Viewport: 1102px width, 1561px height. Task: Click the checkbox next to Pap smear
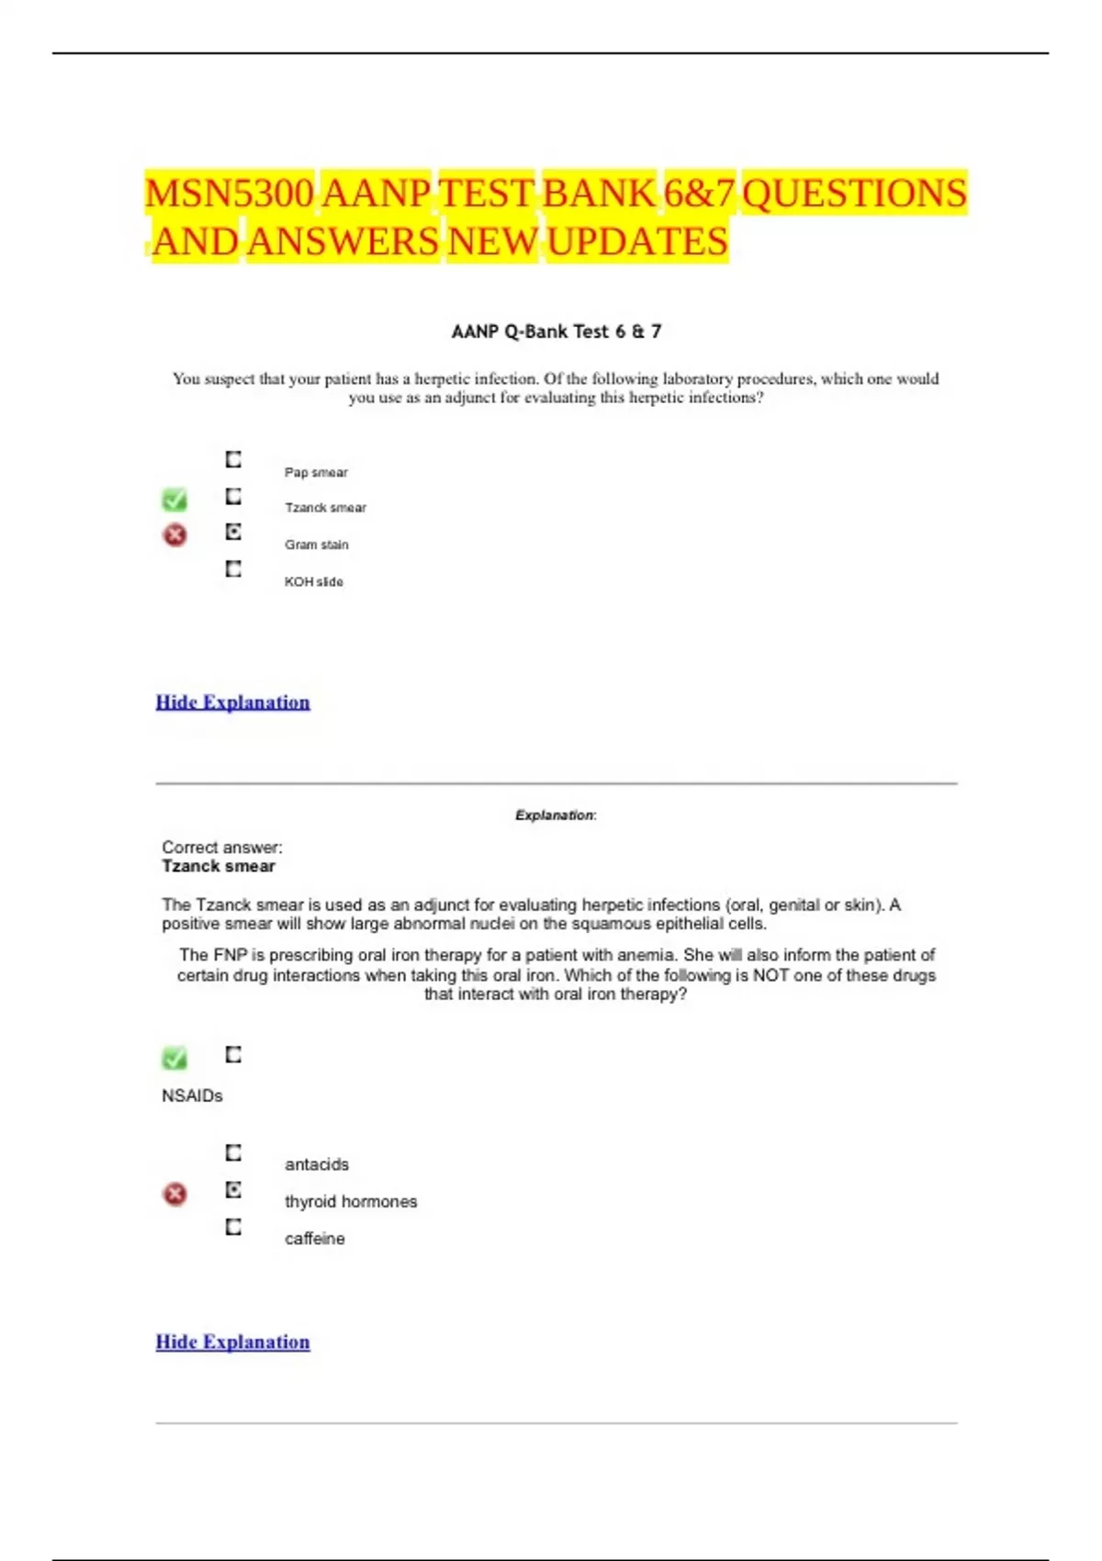pyautogui.click(x=234, y=459)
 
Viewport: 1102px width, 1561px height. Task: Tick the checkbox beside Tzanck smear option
pyautogui.click(x=234, y=497)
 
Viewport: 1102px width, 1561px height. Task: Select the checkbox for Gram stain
pyautogui.click(x=234, y=533)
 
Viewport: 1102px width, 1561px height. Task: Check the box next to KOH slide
pyautogui.click(x=234, y=569)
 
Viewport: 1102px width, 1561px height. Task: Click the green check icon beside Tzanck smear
pyautogui.click(x=174, y=500)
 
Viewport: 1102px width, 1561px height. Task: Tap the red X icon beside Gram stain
pyautogui.click(x=174, y=534)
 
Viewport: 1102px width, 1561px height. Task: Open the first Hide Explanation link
pyautogui.click(x=232, y=702)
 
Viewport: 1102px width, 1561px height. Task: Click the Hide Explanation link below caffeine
pyautogui.click(x=232, y=1342)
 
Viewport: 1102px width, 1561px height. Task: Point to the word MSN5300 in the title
pyautogui.click(x=230, y=194)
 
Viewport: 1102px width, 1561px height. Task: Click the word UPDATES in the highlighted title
pyautogui.click(x=637, y=242)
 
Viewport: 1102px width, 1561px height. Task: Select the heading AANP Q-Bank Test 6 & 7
pyautogui.click(x=556, y=331)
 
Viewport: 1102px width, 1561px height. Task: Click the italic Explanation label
pyautogui.click(x=555, y=815)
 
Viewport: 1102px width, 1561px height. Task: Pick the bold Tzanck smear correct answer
pyautogui.click(x=219, y=866)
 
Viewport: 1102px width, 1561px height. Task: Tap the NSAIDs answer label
pyautogui.click(x=192, y=1095)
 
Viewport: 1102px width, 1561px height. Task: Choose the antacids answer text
pyautogui.click(x=317, y=1164)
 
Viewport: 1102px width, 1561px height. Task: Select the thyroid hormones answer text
pyautogui.click(x=351, y=1202)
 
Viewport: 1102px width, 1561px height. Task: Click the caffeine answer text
pyautogui.click(x=315, y=1239)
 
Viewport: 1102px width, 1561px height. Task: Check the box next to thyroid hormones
pyautogui.click(x=234, y=1190)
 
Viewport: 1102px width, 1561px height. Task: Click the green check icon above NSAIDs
pyautogui.click(x=174, y=1058)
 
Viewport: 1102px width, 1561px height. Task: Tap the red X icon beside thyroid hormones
pyautogui.click(x=174, y=1194)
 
